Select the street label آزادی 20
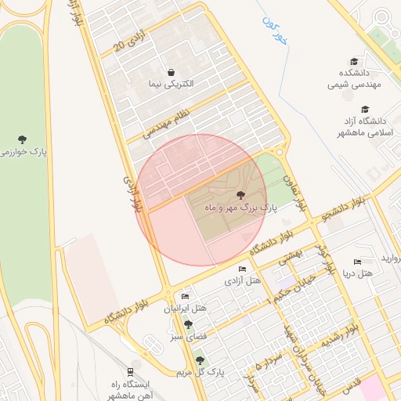pyautogui.click(x=130, y=41)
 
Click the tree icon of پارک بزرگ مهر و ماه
pyautogui.click(x=240, y=195)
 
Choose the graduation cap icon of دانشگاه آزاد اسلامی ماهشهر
pyautogui.click(x=364, y=110)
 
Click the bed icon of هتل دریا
pyautogui.click(x=358, y=262)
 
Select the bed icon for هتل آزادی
pyautogui.click(x=242, y=269)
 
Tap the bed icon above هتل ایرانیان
pyautogui.click(x=185, y=296)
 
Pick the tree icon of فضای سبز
pyautogui.click(x=188, y=323)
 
